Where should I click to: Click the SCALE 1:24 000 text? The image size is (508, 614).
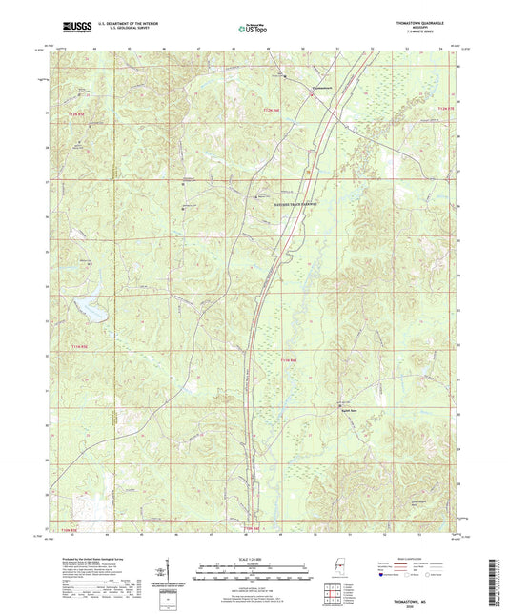click(x=253, y=559)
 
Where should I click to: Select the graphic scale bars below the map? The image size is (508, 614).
click(x=253, y=574)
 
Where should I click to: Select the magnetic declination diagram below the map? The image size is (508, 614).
click(x=168, y=575)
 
